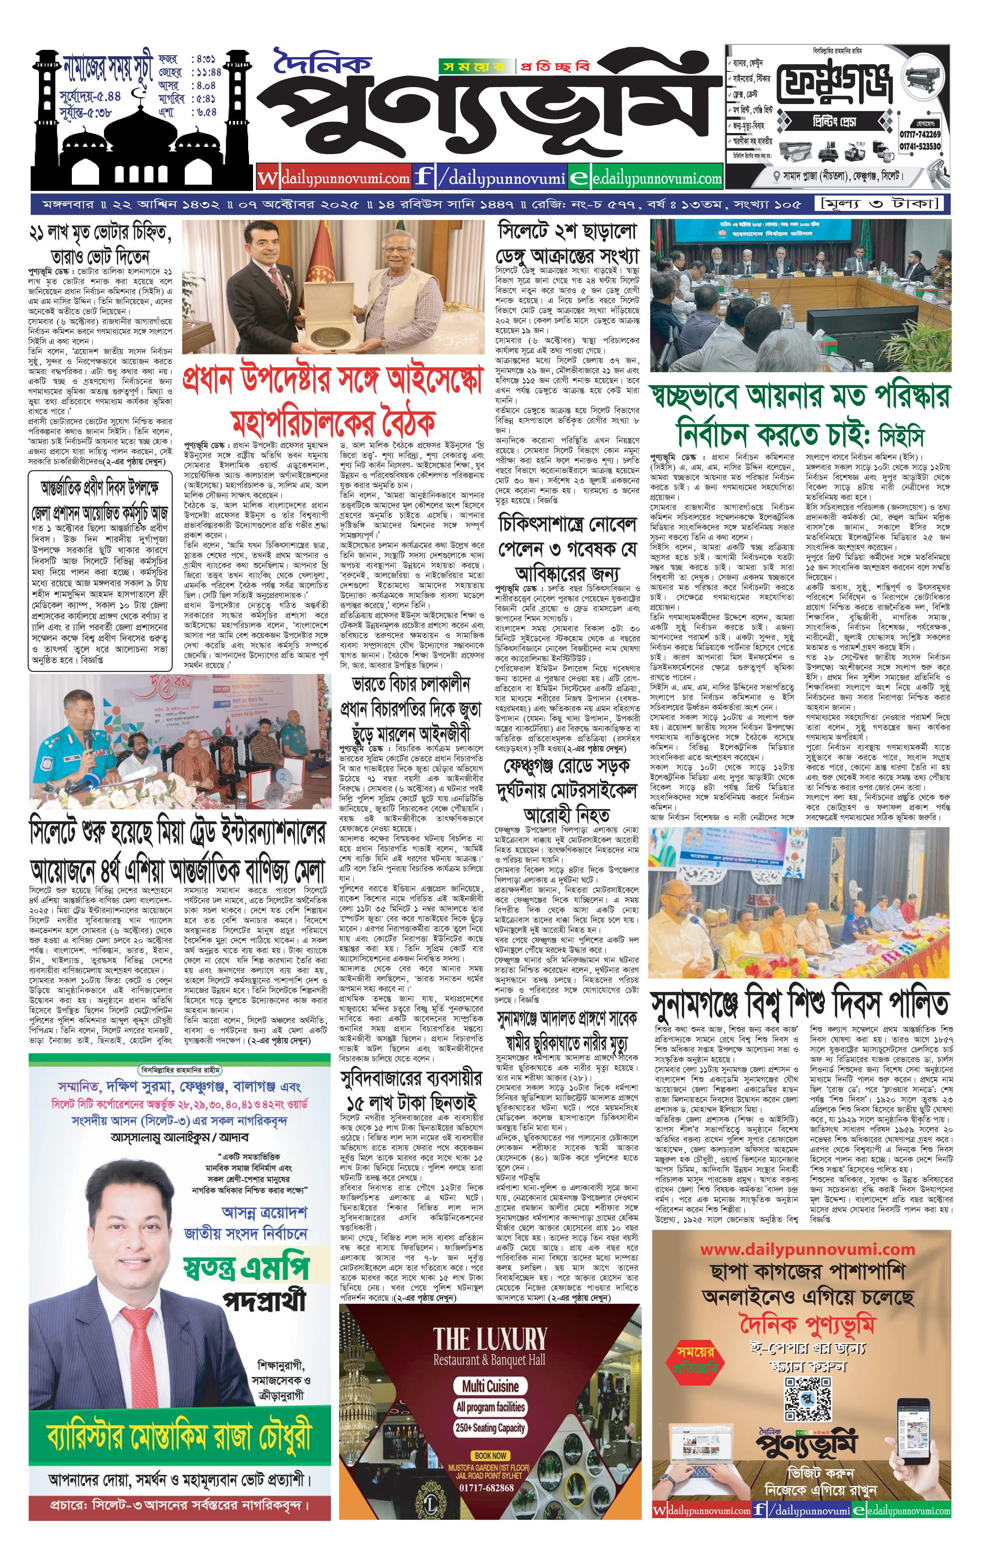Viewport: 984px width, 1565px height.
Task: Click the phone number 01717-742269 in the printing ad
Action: click(920, 134)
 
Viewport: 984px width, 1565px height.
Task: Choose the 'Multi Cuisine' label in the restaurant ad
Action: click(490, 1381)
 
